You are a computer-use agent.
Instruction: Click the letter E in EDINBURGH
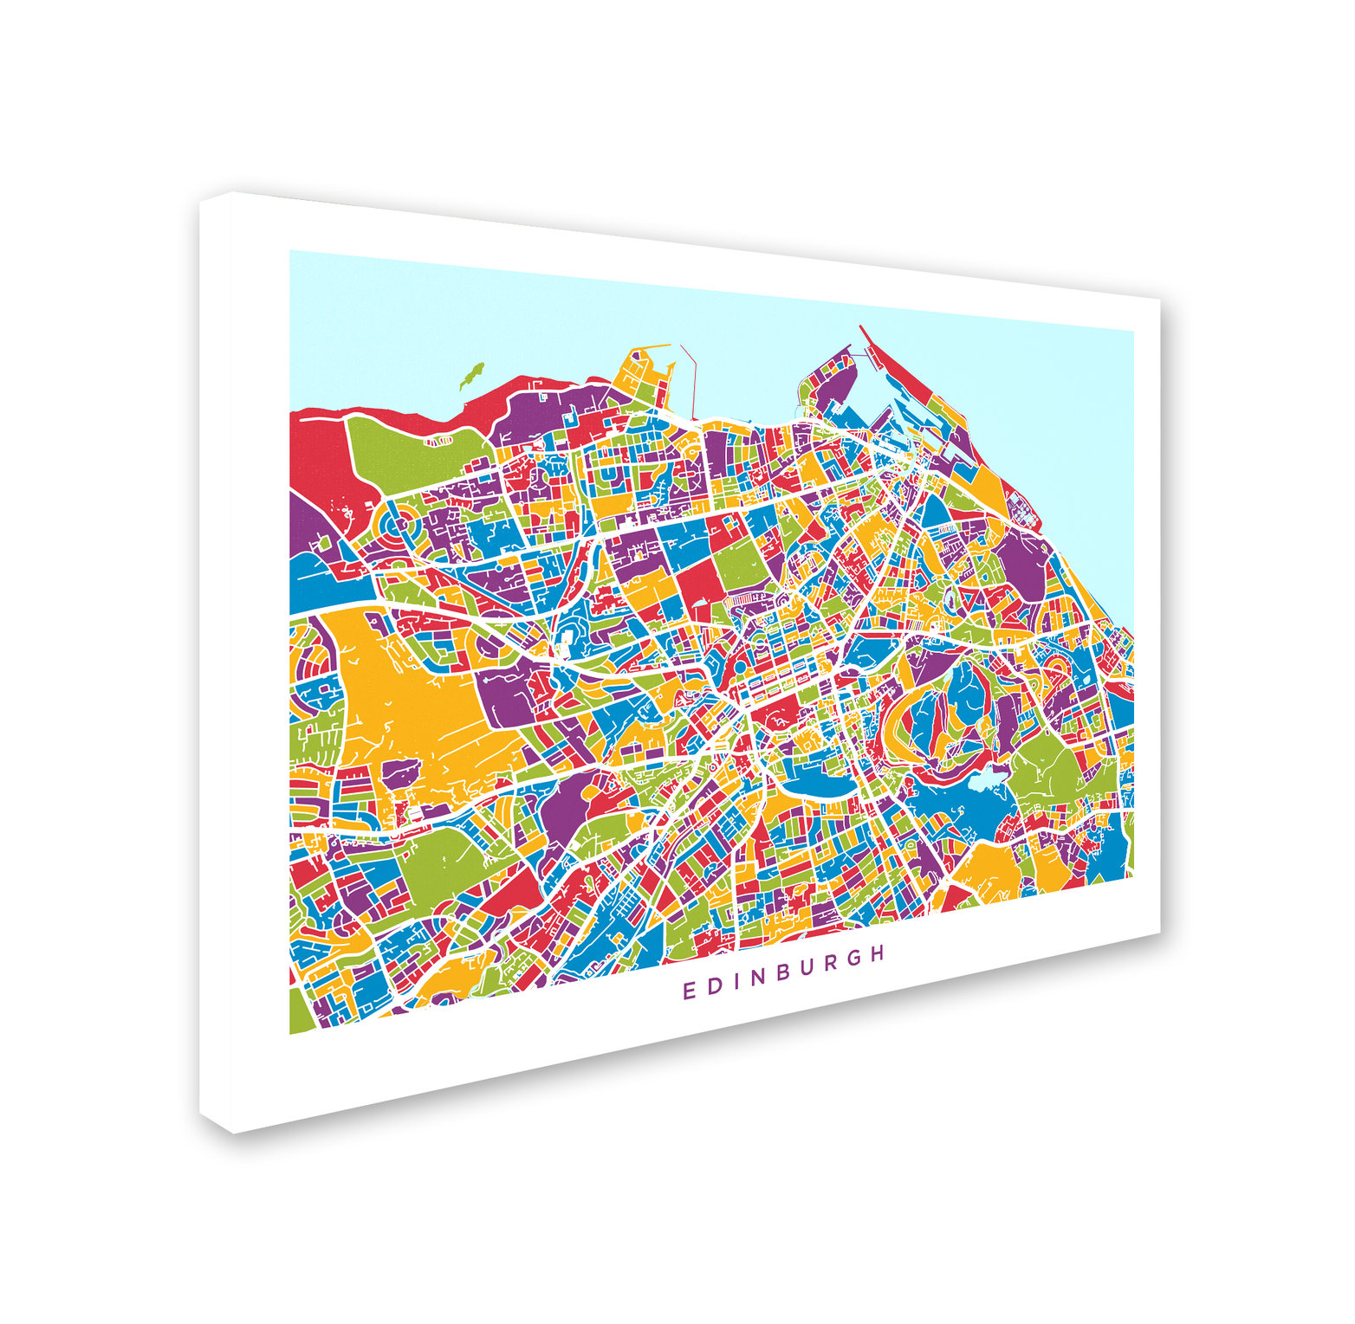click(689, 991)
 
